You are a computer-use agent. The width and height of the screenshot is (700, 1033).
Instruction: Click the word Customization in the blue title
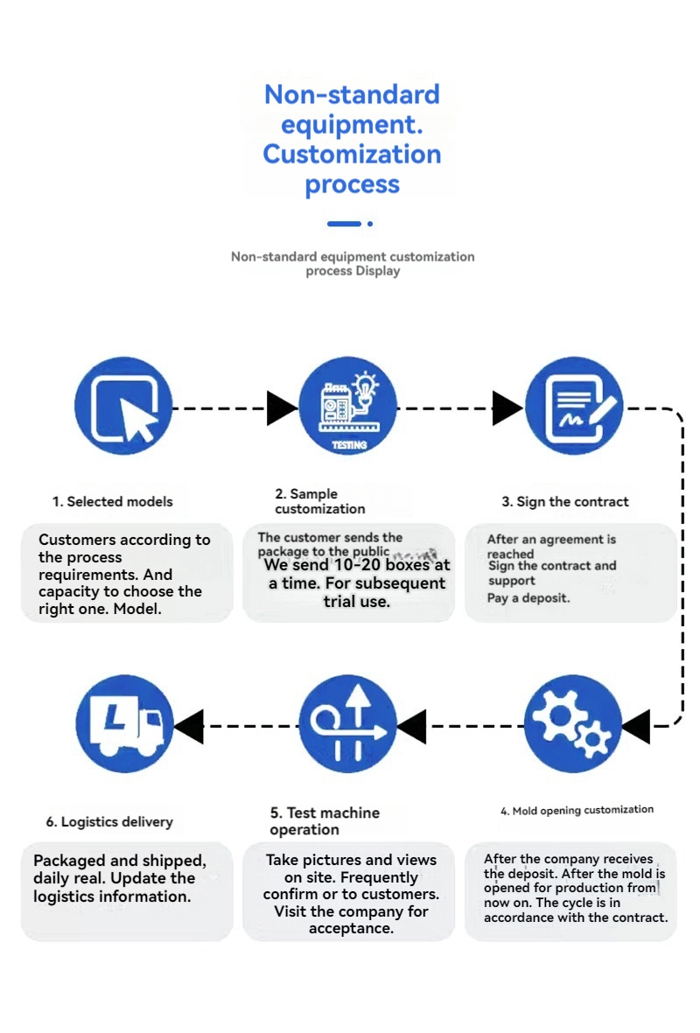(352, 154)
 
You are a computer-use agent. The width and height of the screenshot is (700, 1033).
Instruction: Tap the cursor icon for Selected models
(123, 407)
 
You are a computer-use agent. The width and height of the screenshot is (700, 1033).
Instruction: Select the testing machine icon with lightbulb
(348, 407)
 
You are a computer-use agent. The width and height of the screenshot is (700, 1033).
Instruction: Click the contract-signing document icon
(574, 407)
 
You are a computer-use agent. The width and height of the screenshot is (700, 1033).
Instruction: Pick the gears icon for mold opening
(573, 725)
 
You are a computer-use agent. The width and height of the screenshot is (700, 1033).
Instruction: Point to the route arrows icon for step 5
(348, 725)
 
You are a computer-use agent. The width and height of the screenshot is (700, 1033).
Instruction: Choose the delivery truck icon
(123, 725)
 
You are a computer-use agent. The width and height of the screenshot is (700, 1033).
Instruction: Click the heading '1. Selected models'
(112, 501)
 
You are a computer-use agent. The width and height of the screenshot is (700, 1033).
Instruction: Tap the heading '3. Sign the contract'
(565, 501)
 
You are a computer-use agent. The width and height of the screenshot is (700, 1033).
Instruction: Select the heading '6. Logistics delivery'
(109, 821)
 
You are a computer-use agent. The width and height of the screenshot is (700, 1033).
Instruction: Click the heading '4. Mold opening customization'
(577, 810)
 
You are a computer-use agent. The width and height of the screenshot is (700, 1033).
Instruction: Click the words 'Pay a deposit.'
(528, 598)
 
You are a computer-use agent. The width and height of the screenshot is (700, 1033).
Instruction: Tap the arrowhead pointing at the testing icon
(282, 408)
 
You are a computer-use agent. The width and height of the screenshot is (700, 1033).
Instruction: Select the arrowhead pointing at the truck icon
(189, 726)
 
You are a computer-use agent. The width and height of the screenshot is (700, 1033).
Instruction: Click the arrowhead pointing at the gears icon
(635, 726)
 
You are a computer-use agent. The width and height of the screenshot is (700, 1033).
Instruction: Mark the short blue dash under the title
(344, 224)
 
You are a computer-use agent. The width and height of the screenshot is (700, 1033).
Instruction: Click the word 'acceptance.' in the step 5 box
(351, 928)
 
